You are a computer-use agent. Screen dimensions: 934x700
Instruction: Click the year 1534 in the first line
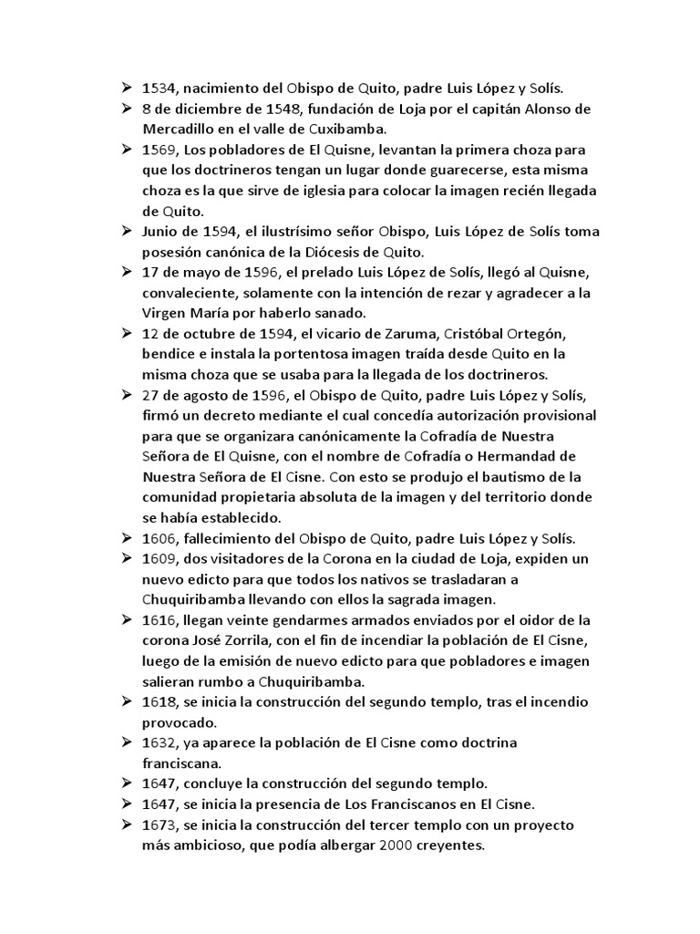[159, 88]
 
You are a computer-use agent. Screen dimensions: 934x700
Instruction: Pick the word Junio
[163, 230]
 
